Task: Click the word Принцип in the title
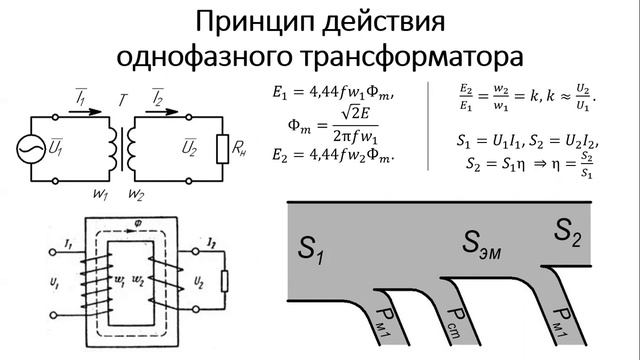coord(246,21)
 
